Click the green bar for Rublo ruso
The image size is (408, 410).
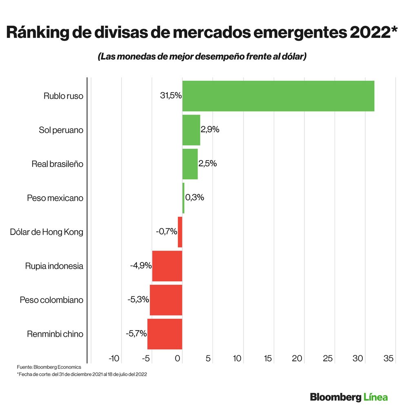278,96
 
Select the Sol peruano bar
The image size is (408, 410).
191,130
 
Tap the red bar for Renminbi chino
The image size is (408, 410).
164,334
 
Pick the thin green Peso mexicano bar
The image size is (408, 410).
183,198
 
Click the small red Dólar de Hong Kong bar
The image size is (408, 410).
180,232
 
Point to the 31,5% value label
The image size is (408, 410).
171,96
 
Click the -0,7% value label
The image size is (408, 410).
166,231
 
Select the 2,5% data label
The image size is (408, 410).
208,163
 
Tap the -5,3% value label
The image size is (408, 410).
138,300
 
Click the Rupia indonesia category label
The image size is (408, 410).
54,266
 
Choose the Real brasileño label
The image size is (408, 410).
57,164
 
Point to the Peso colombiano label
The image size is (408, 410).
51,300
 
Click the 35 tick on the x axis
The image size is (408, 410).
388,359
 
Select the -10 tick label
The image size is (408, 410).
114,359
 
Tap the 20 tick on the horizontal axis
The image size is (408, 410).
297,359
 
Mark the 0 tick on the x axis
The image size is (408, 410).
178,359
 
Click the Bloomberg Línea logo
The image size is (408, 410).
348,397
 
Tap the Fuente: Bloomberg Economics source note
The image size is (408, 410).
49,367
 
